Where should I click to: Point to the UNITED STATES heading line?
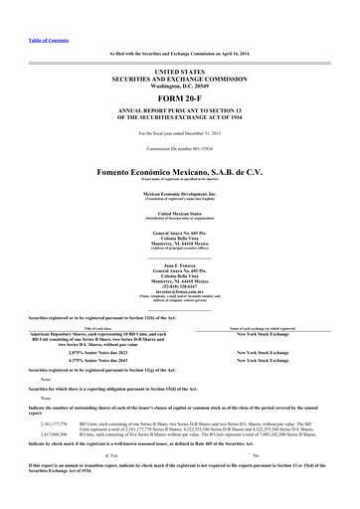[x=179, y=73]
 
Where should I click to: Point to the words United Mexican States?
[x=179, y=213]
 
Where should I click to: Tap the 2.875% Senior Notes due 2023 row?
[x=95, y=353]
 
